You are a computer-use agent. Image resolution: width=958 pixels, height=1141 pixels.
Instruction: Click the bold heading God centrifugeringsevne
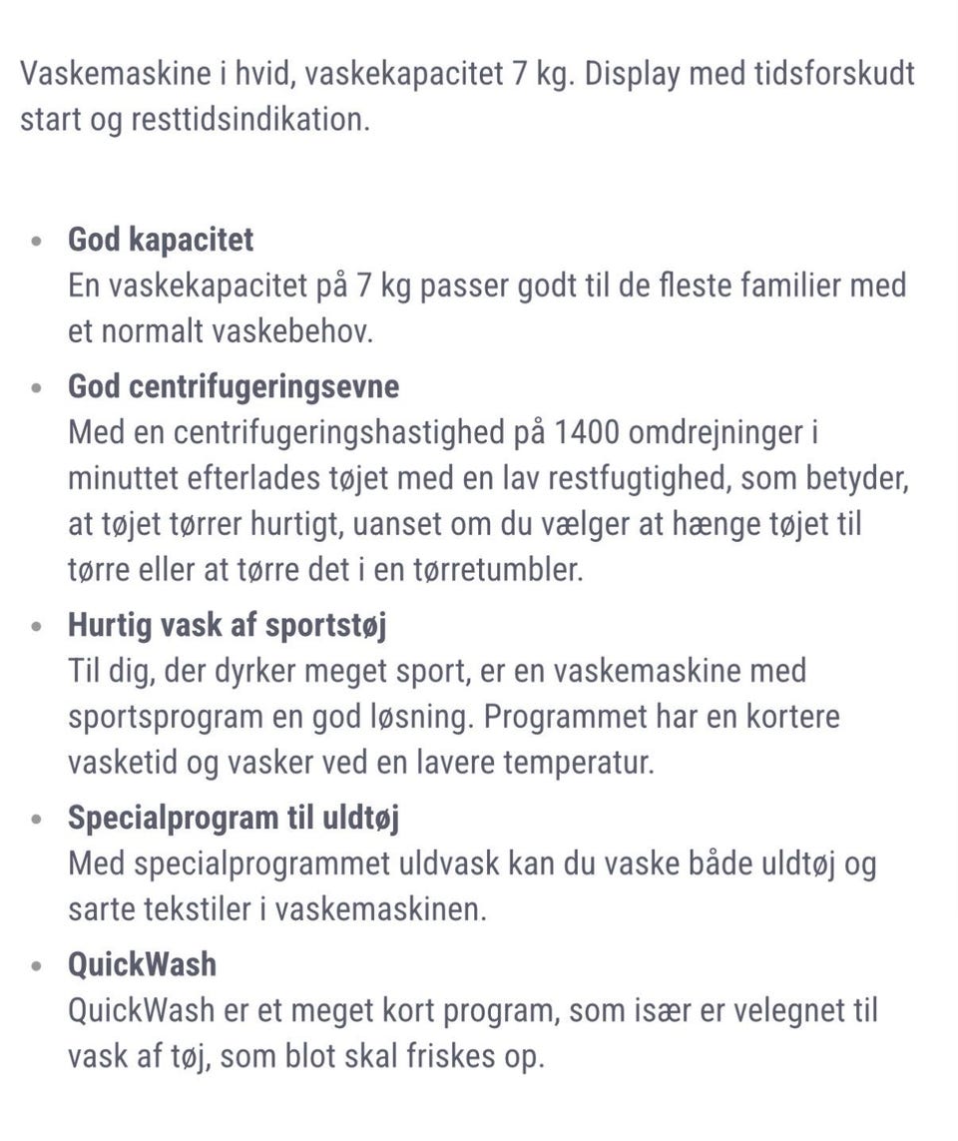(234, 386)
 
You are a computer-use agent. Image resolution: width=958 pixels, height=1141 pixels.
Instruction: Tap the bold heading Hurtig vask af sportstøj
(228, 626)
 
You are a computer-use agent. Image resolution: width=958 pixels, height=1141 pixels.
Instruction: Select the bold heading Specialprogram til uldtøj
(234, 818)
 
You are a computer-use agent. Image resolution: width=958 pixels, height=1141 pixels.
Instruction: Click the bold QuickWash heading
(142, 963)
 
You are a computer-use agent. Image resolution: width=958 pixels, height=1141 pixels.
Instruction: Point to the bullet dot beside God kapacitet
(37, 243)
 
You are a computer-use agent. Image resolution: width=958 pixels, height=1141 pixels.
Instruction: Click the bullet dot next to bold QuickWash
(37, 966)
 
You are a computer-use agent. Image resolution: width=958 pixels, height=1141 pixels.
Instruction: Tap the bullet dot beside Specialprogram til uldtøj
(37, 821)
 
